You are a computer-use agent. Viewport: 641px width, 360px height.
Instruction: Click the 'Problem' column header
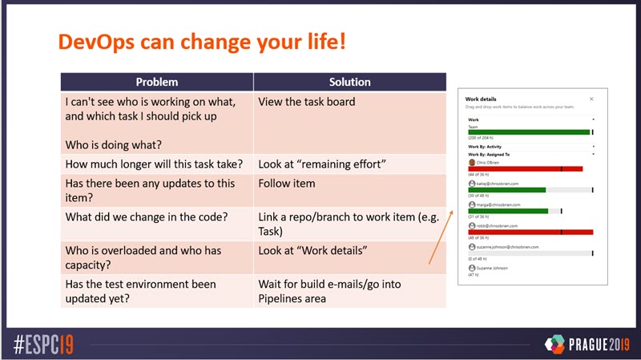tap(156, 82)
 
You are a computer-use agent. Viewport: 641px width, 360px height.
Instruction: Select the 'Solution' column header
tap(349, 82)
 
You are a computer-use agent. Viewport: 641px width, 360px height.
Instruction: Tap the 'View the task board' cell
tap(307, 102)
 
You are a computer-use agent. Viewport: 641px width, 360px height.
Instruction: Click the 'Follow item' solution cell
tap(287, 183)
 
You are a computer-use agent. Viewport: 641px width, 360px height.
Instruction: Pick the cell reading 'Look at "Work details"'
tap(312, 251)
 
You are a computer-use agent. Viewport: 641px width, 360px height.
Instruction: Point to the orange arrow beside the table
tap(441, 237)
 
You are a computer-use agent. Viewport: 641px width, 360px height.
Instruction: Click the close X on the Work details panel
tap(591, 99)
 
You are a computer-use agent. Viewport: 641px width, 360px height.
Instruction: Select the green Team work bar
tap(528, 131)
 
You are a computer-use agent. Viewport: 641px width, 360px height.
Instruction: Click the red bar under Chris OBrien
tap(524, 168)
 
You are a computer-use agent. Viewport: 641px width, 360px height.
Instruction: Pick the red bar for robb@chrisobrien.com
tap(529, 232)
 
